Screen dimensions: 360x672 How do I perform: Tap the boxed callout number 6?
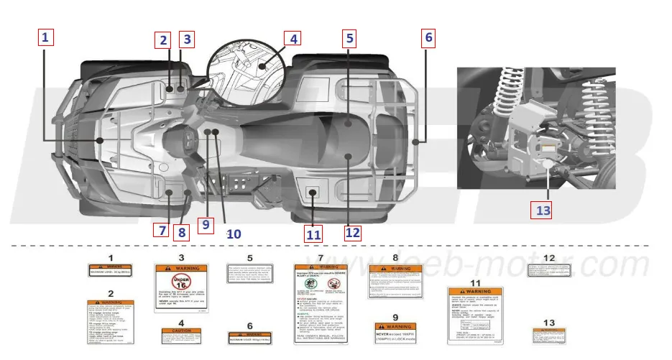tap(428, 37)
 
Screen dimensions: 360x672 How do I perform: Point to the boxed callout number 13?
tap(542, 211)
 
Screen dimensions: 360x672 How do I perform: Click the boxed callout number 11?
tap(313, 233)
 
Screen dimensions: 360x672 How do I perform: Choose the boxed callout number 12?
tap(352, 232)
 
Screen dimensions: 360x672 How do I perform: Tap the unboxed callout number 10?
tap(234, 234)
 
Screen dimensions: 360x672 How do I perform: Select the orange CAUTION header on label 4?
tap(181, 331)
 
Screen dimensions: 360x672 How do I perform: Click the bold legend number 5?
tap(249, 257)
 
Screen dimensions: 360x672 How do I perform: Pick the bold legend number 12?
tap(549, 257)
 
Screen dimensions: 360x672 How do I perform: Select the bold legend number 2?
tap(111, 292)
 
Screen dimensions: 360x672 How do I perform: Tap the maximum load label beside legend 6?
tap(249, 338)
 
